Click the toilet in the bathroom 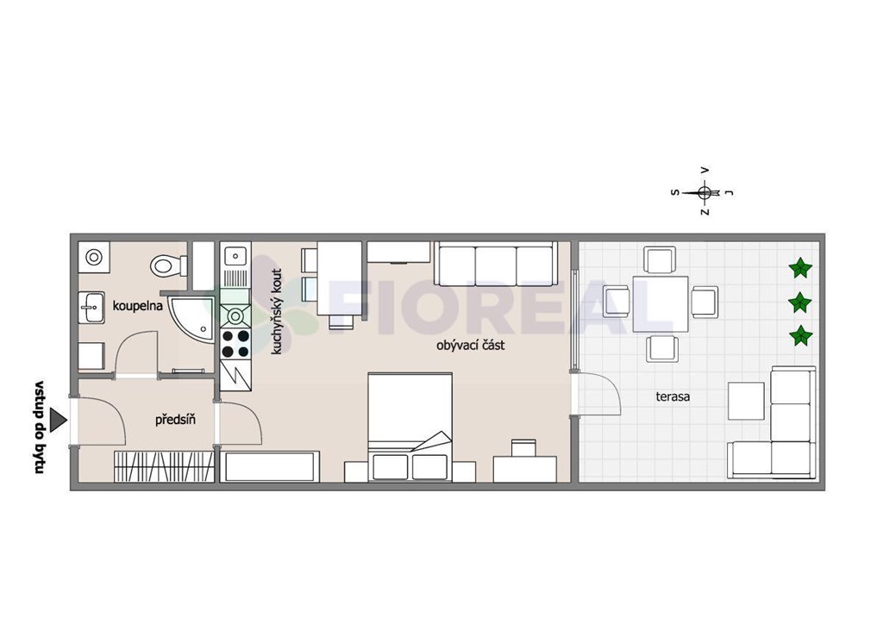coord(169,265)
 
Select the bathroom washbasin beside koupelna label coord(91,307)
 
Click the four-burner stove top coord(235,344)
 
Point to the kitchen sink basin coord(235,256)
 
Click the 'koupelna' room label coord(137,306)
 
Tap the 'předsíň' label coord(175,420)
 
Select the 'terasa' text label coord(673,396)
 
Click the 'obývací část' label coord(470,345)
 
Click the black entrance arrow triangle coord(58,420)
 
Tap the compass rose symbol coord(704,192)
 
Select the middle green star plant coord(799,303)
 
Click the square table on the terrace coord(660,304)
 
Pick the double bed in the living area coord(410,427)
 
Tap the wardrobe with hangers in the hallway coord(165,466)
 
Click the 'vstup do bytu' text coord(40,427)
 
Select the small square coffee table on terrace coord(746,401)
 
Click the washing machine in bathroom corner coord(93,257)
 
